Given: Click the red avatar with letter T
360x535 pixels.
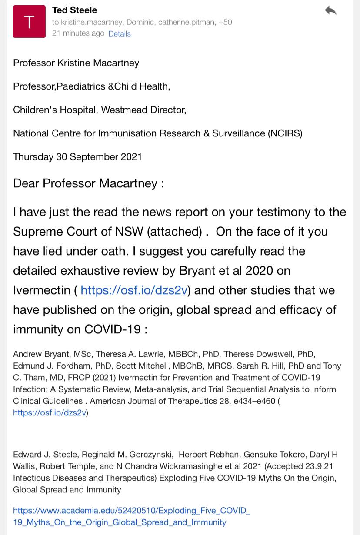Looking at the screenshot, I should coord(29,22).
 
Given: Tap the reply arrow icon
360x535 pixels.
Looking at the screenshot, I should coord(330,10).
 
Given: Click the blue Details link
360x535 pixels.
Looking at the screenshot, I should coord(120,33).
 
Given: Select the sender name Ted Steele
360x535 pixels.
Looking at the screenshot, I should coord(74,10).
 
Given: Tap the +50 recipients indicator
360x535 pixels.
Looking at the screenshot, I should coord(225,22).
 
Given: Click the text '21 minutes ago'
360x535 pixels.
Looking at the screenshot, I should coord(78,33).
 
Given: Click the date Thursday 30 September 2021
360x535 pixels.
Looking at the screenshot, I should coord(77,157).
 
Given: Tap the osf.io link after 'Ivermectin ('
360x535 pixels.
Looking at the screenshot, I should coord(134,290).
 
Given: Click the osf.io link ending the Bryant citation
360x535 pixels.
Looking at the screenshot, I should coord(50,413).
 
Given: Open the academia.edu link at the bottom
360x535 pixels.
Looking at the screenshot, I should coord(132,516).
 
